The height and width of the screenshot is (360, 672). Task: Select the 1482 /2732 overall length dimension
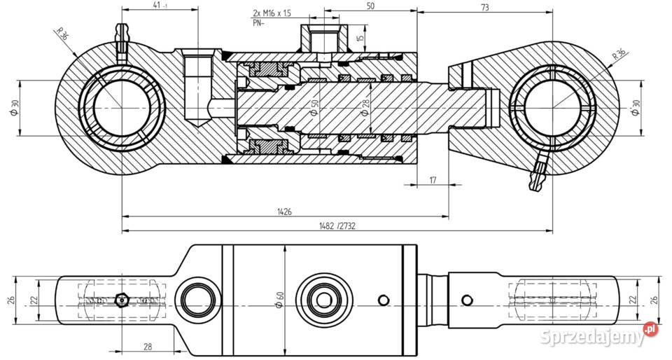(337, 226)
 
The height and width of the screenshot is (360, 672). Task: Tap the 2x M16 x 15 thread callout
(272, 13)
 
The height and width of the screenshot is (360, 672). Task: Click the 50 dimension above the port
(370, 6)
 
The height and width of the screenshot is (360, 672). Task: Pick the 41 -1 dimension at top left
(159, 6)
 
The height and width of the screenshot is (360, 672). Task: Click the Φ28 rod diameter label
(365, 107)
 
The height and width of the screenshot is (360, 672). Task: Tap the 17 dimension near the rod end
(432, 180)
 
